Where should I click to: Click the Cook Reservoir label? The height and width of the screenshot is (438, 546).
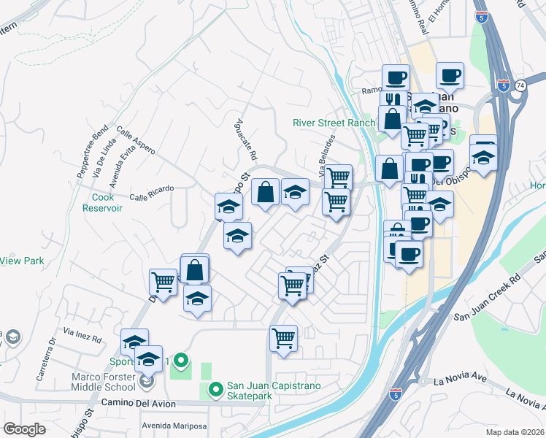click(x=107, y=202)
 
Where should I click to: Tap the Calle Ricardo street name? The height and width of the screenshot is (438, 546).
click(x=152, y=190)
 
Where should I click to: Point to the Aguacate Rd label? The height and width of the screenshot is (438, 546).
click(x=247, y=141)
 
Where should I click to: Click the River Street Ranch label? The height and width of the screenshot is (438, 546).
click(x=334, y=123)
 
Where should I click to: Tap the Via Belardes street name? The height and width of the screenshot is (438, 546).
click(x=327, y=155)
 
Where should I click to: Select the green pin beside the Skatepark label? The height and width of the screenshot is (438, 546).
click(x=215, y=390)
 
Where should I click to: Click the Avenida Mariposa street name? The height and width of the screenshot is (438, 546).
click(x=174, y=426)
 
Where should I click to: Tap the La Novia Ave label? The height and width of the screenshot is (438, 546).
click(x=459, y=381)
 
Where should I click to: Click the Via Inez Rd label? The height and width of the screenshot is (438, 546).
click(x=82, y=332)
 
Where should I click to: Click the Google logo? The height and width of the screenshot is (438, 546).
click(x=24, y=429)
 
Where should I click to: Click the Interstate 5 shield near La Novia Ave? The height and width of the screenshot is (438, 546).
click(x=395, y=394)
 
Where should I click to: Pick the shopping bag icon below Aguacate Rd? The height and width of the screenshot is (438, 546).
click(x=266, y=192)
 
